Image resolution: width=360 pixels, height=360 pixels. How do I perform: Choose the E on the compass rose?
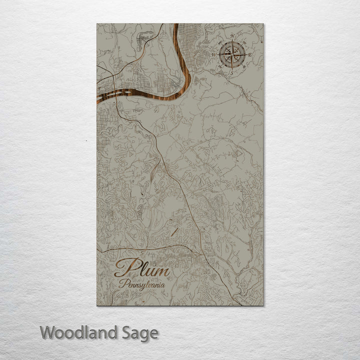(250, 54)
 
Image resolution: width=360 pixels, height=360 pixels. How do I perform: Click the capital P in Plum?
(123, 268)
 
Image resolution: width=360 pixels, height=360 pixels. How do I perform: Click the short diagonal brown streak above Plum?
(173, 231)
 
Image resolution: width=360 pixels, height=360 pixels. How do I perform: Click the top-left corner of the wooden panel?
(97, 23)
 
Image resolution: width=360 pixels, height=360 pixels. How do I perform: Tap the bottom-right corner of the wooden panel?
(263, 305)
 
